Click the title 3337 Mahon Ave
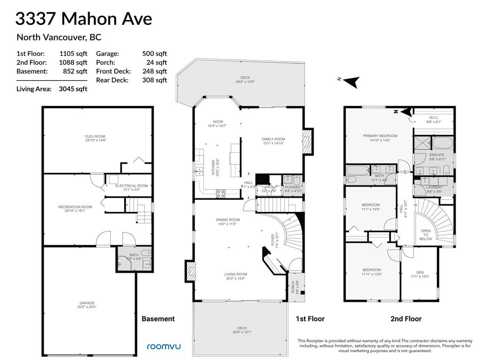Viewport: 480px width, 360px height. coord(84,19)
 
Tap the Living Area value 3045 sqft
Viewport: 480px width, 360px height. coord(73,89)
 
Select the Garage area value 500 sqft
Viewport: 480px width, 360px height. coord(154,53)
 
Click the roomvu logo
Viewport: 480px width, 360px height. coord(164,347)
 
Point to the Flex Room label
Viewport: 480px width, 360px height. coord(95,136)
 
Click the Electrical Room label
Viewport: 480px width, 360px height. coord(131,186)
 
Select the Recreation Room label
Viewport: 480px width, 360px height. coord(75,207)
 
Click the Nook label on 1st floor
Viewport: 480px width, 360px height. coord(217,122)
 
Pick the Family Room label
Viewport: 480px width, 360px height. coord(273,139)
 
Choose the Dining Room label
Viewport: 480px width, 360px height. coord(228,220)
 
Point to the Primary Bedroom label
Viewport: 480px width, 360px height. coord(380,136)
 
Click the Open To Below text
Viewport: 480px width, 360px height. coord(426,235)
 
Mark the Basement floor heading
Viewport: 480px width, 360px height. coord(158,319)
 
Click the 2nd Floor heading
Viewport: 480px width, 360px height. coord(406,319)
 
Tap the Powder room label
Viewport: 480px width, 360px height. coord(292,187)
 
